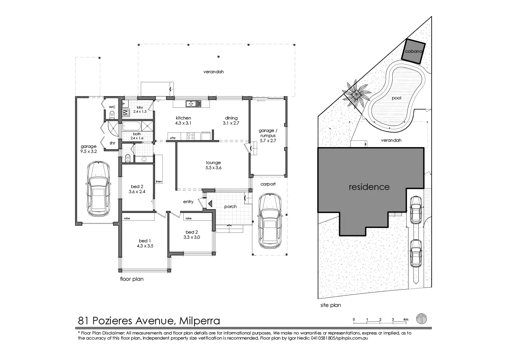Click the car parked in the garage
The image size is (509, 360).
(98, 189)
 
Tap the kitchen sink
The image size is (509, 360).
(193, 103)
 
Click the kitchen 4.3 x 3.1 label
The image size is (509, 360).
(183, 121)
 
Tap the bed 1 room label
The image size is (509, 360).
(145, 243)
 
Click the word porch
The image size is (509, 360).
(230, 207)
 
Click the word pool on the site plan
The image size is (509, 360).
(396, 98)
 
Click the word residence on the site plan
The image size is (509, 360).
(369, 187)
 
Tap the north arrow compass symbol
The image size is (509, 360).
(421, 319)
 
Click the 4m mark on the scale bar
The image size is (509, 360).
(406, 319)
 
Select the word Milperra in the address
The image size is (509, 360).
(199, 320)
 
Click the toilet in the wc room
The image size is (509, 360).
(112, 114)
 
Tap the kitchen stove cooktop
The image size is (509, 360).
(191, 136)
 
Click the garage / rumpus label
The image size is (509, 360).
(268, 136)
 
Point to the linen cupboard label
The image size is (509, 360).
(159, 182)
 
